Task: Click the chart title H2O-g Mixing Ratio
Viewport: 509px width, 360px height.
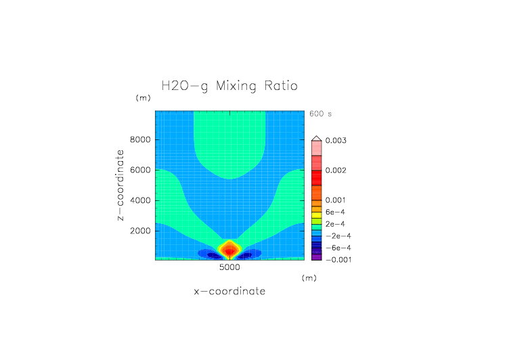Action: (x=229, y=87)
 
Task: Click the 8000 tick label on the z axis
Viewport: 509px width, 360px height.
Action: (x=139, y=140)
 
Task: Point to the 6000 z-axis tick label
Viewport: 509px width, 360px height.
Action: (x=139, y=170)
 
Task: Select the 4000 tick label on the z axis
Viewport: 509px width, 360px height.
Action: (x=139, y=200)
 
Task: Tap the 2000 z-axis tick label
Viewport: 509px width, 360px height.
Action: (x=139, y=231)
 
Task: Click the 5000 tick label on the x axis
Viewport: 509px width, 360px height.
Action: (x=229, y=268)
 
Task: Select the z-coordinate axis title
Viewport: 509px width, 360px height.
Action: (x=120, y=185)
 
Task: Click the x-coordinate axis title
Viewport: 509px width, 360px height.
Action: (x=229, y=292)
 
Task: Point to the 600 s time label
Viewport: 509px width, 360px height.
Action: (x=321, y=114)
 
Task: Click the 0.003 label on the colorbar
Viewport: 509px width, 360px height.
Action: (x=336, y=140)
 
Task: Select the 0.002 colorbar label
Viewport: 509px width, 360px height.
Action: (x=336, y=171)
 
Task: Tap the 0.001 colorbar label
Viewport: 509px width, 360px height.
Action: (x=336, y=200)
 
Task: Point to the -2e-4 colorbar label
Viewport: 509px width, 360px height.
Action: (x=337, y=236)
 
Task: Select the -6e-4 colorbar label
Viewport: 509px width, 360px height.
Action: (x=337, y=248)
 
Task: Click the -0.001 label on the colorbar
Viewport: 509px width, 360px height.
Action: (x=337, y=260)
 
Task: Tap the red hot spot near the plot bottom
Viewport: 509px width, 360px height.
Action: (x=229, y=251)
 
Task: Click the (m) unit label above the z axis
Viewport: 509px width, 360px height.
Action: (x=143, y=98)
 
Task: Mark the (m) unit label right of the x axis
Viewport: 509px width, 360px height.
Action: (x=309, y=277)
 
